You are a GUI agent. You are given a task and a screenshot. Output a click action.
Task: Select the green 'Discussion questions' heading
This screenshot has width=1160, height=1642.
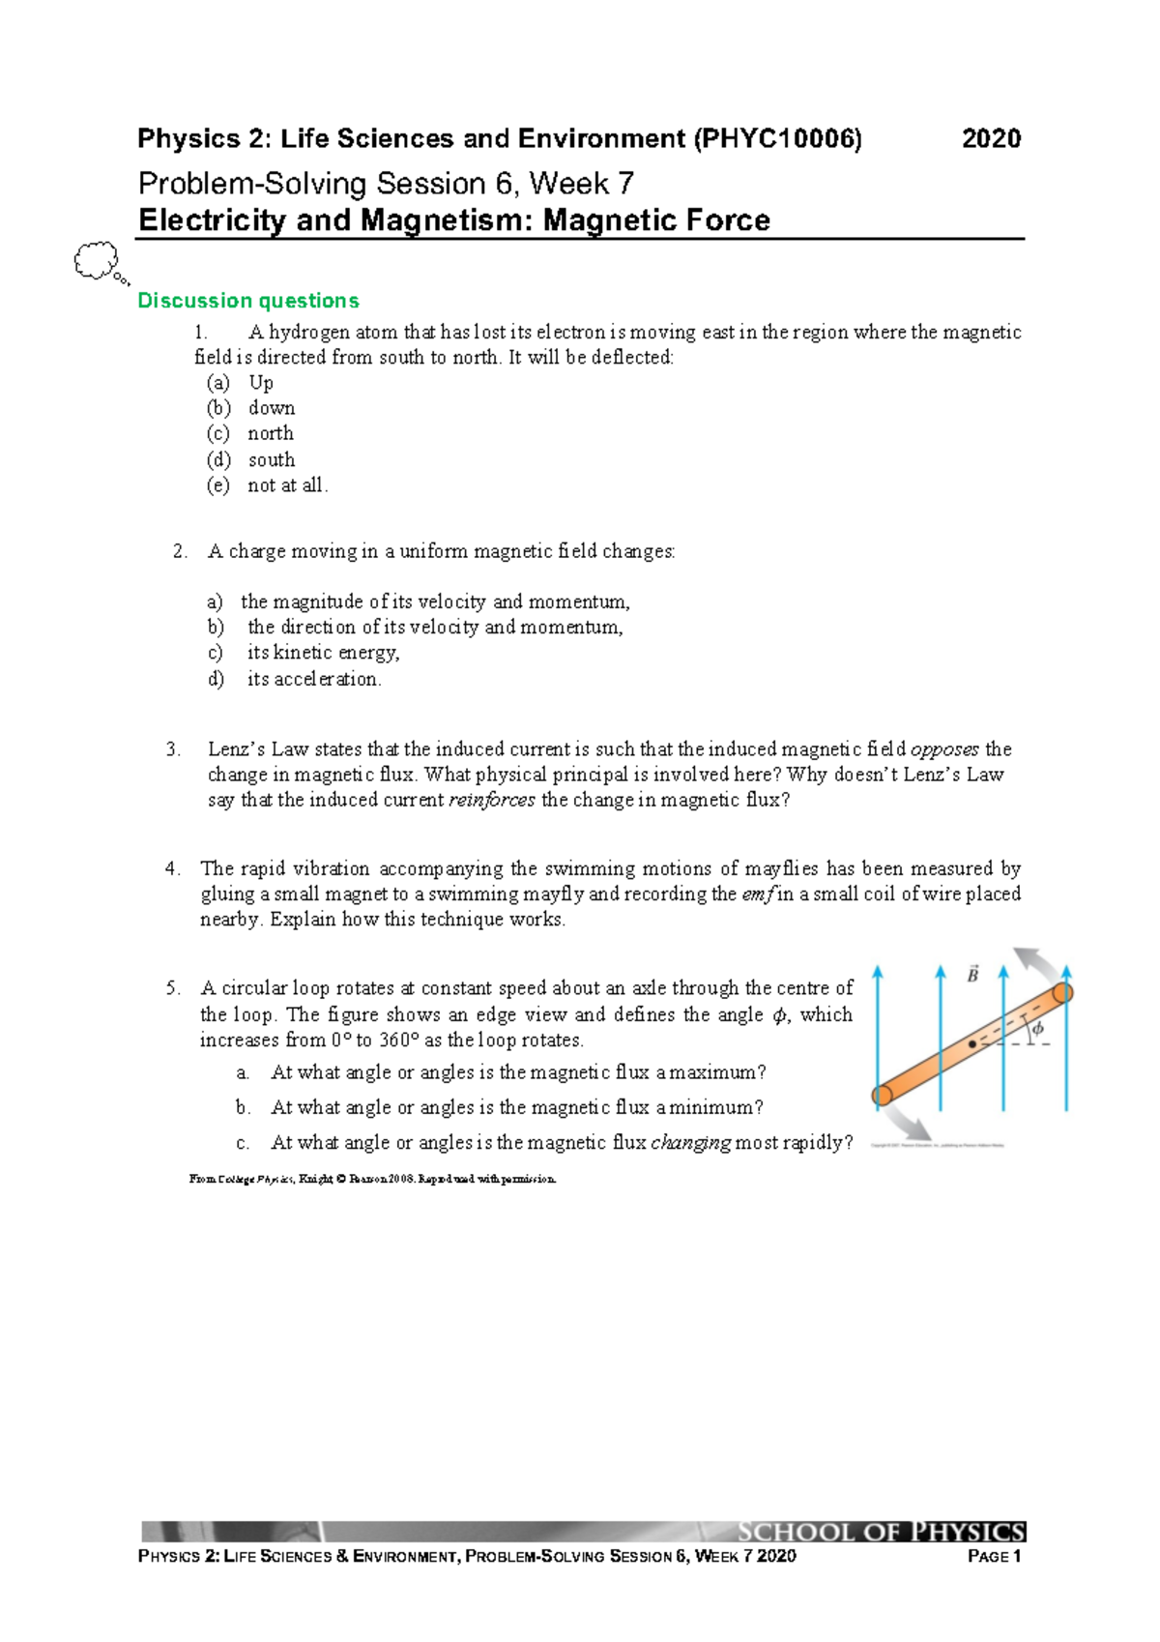(x=247, y=301)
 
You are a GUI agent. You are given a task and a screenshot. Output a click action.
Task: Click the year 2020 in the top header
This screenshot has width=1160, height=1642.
(x=991, y=139)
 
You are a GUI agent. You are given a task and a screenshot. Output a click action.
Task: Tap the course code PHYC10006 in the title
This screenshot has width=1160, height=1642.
(x=777, y=139)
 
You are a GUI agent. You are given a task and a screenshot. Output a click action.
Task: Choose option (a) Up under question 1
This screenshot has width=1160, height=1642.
(x=260, y=383)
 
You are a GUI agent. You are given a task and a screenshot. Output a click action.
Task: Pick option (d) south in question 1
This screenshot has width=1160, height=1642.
(x=271, y=460)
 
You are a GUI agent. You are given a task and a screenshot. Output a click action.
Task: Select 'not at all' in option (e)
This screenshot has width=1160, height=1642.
(x=287, y=485)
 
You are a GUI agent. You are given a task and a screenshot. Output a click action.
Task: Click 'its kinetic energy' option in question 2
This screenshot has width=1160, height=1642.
(x=323, y=653)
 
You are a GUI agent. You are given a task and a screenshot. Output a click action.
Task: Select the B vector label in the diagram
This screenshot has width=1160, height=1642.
(x=972, y=975)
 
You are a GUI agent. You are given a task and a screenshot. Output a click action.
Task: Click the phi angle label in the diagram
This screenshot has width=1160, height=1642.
(x=1037, y=1029)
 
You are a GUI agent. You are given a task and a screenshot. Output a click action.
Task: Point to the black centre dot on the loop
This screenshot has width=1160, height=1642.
(x=971, y=1044)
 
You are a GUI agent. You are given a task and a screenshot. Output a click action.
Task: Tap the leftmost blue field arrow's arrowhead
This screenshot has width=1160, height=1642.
(x=878, y=971)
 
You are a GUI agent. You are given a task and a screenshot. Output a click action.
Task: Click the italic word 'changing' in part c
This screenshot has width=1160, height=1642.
(x=690, y=1143)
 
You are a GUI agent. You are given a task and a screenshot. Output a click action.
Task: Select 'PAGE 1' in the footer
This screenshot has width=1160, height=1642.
(x=994, y=1556)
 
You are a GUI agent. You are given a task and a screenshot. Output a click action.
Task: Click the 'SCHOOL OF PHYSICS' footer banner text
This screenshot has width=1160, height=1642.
(x=881, y=1532)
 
